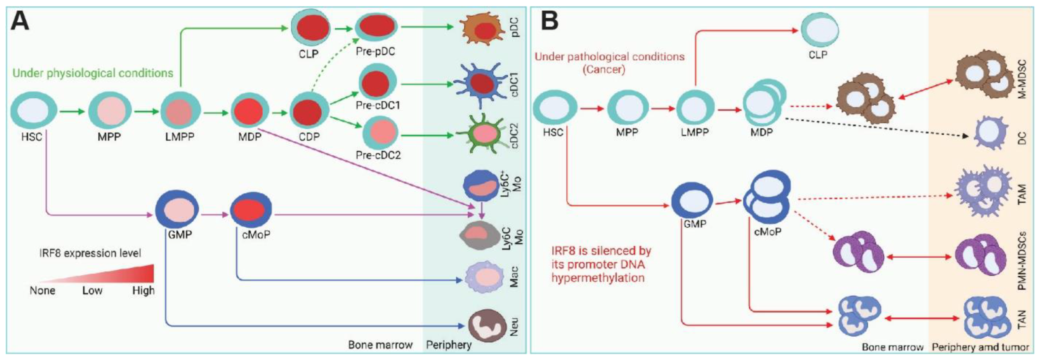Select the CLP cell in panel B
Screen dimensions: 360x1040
(x=820, y=30)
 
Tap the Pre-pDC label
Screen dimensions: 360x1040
(x=375, y=52)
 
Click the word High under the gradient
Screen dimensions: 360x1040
(x=143, y=291)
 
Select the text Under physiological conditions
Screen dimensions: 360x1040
(x=93, y=73)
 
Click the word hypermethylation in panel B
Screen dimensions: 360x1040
(x=597, y=278)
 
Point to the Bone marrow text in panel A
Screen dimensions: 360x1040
(x=380, y=345)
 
